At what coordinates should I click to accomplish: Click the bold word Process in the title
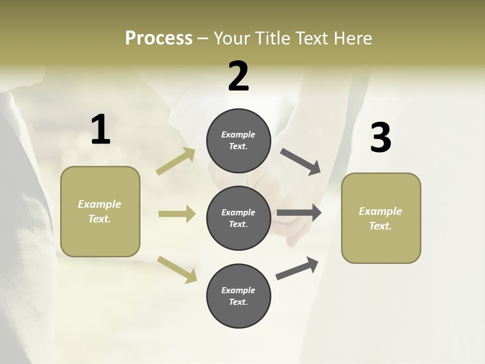[159, 38]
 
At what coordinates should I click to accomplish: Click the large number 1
[101, 130]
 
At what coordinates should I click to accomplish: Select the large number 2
[238, 76]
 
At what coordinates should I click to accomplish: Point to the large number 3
[380, 138]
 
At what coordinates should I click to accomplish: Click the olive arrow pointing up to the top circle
[176, 161]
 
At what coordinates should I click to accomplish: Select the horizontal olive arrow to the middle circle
[177, 214]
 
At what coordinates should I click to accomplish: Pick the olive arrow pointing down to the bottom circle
[177, 269]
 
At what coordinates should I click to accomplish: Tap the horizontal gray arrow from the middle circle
[299, 213]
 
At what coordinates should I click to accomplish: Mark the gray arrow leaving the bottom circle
[297, 268]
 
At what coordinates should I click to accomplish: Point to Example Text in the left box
[100, 211]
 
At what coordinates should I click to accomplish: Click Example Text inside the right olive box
[380, 218]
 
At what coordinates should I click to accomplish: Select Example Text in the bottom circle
[238, 296]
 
